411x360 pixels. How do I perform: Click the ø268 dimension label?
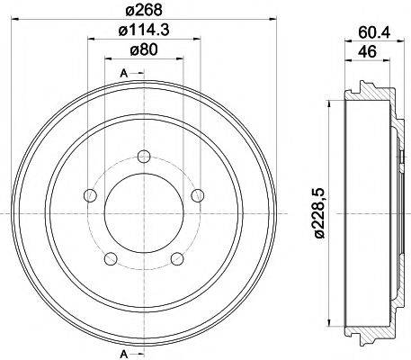click(x=143, y=11)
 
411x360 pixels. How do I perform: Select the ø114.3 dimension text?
click(x=143, y=32)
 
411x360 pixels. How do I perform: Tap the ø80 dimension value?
click(x=143, y=51)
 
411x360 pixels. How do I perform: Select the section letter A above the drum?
click(x=122, y=72)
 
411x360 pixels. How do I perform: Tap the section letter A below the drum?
click(x=122, y=349)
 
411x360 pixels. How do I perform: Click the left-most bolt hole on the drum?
click(x=89, y=195)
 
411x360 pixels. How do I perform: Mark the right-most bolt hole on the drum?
click(x=198, y=195)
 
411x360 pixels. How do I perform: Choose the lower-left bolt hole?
click(x=111, y=259)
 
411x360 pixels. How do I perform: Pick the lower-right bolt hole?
click(x=176, y=259)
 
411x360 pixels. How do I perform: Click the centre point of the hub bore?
click(x=143, y=214)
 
